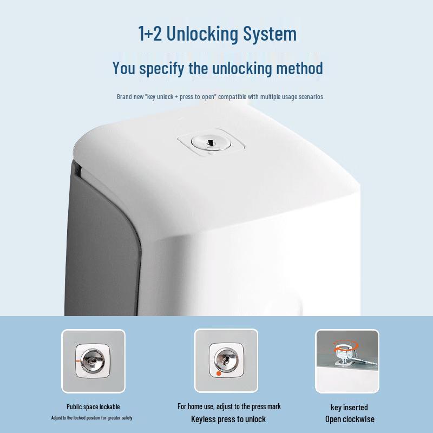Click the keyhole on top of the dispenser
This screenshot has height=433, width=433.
click(x=211, y=142)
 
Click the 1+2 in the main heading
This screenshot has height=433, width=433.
click(x=150, y=34)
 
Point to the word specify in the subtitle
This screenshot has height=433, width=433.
click(x=162, y=69)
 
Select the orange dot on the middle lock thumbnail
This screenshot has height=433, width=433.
click(x=218, y=373)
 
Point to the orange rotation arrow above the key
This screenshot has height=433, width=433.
click(x=344, y=345)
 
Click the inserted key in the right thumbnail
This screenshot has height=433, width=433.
click(x=357, y=358)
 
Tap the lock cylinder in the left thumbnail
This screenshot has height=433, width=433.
click(x=94, y=360)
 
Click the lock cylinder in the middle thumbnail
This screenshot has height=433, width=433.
click(x=226, y=359)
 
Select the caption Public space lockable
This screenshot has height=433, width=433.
click(x=93, y=406)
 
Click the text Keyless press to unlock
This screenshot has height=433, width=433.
click(x=228, y=419)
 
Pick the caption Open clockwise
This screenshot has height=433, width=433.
click(x=350, y=419)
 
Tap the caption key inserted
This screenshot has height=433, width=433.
click(x=349, y=407)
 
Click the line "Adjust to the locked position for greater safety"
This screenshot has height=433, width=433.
click(x=91, y=418)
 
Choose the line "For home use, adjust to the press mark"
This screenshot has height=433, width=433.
click(x=229, y=406)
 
